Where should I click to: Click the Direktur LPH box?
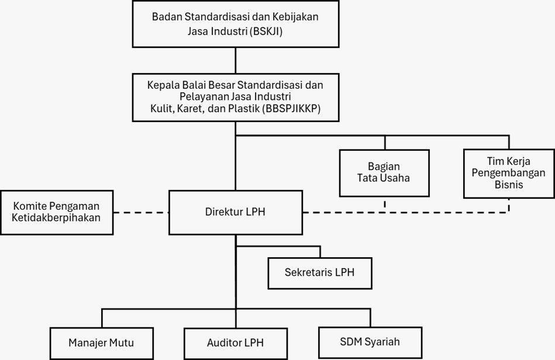tap(236, 212)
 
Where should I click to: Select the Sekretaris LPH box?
tap(320, 273)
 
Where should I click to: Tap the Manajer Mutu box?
tap(102, 343)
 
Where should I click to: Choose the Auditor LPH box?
tap(236, 343)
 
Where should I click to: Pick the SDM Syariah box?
tap(370, 342)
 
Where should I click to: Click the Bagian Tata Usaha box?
tap(384, 173)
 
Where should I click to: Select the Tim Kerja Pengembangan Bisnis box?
tap(509, 174)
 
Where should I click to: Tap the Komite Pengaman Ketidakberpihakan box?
tap(57, 212)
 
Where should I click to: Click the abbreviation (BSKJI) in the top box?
tap(266, 32)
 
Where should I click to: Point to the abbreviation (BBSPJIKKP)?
tap(291, 109)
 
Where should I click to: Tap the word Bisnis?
tap(509, 185)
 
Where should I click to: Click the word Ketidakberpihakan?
tap(56, 217)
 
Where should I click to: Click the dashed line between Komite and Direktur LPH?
tap(141, 213)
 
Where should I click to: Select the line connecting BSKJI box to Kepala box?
tap(236, 60)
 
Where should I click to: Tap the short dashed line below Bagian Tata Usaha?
tap(385, 205)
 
